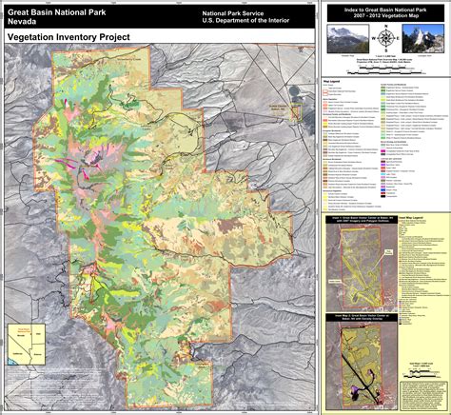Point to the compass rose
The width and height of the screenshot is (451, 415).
point(385,39)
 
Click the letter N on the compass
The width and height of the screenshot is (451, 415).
point(385,30)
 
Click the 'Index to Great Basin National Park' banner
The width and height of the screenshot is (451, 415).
point(385,13)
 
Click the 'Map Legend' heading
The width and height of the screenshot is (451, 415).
point(333,82)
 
